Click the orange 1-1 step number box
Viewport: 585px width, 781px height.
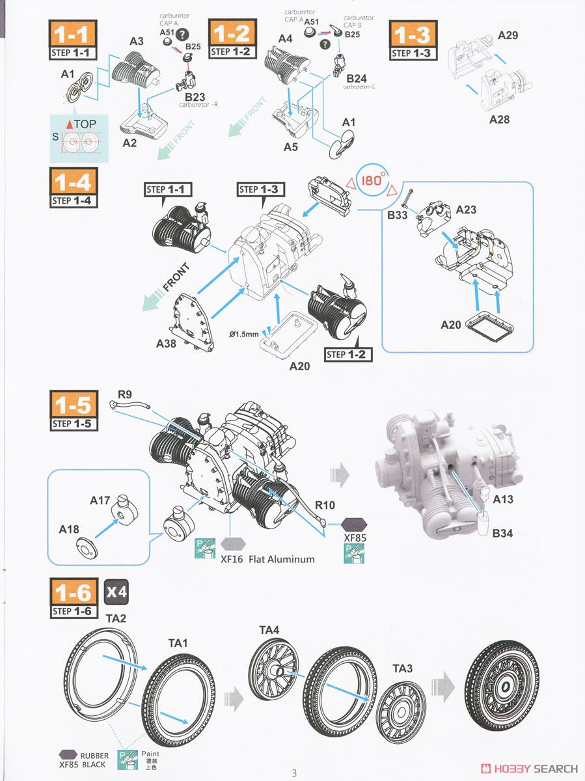(73, 33)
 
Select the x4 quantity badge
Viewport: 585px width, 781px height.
(116, 592)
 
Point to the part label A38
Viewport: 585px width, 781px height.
(167, 343)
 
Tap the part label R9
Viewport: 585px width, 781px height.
(125, 394)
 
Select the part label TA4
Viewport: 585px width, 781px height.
(269, 629)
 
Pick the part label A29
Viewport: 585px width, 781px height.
(508, 35)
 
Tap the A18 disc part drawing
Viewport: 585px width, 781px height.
(84, 544)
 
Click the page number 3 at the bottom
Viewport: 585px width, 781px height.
(294, 773)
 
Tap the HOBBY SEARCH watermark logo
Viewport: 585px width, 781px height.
(528, 769)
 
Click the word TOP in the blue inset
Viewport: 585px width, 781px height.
(84, 124)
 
